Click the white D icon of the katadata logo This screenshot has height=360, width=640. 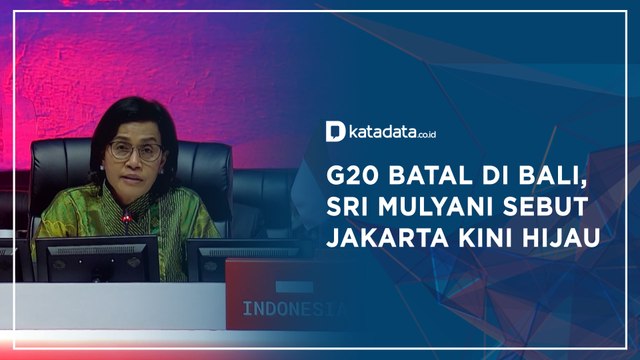[x=336, y=131]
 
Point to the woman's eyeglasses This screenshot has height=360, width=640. [x=134, y=152]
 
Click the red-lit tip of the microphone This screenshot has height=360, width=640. [x=124, y=217]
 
